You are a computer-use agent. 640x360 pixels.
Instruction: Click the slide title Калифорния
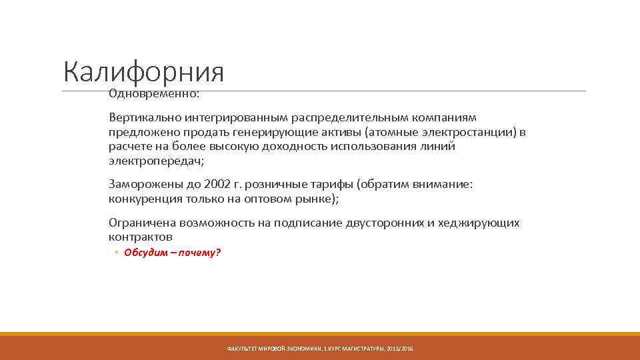pos(143,72)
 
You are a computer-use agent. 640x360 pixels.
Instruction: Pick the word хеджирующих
pos(478,223)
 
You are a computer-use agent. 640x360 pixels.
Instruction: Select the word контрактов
pos(140,237)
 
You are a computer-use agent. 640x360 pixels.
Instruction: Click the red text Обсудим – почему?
pos(172,253)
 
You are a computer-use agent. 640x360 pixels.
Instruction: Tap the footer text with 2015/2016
pos(320,349)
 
